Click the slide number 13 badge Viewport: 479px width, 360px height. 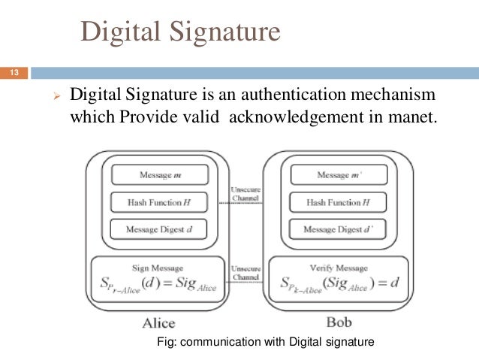pos(14,73)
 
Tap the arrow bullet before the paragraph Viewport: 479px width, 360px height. pos(54,98)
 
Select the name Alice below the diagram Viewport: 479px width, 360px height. pos(159,323)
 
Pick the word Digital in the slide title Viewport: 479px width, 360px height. pos(120,32)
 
